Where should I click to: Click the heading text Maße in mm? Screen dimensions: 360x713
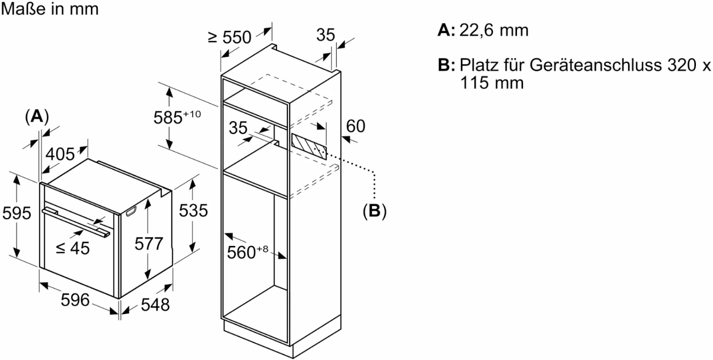pos(50,9)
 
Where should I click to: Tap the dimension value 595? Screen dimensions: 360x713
pos(17,213)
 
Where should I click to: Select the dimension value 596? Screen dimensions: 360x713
pos(75,300)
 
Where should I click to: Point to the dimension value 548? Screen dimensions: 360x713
pos(155,304)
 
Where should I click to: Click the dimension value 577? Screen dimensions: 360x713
pos(149,244)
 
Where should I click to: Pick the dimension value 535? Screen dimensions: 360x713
pos(193,211)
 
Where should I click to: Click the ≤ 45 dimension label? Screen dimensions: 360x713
pos(72,247)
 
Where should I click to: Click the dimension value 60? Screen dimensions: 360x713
pos(356,126)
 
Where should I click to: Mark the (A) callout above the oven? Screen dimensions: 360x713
pos(37,117)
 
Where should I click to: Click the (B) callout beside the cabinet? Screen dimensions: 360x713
pos(374,211)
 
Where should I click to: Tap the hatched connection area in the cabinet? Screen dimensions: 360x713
pos(308,146)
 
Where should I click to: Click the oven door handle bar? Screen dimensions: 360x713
pos(75,222)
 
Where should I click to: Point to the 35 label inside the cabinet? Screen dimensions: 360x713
pos(239,128)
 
